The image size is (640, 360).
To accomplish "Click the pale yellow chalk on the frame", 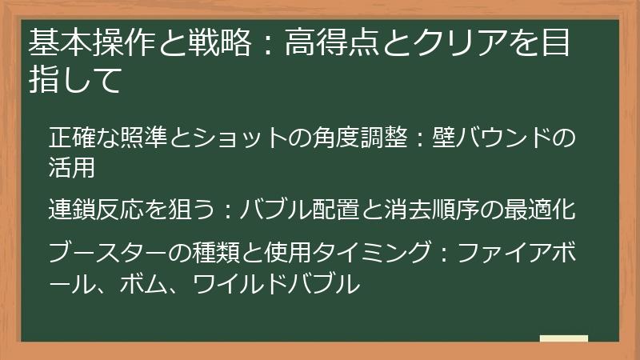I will click(563, 338).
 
